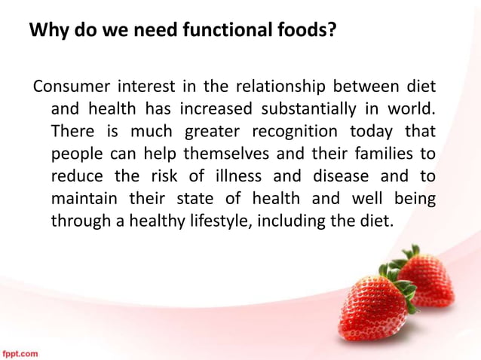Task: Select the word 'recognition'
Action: [x=296, y=130]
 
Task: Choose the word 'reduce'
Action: [x=75, y=176]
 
